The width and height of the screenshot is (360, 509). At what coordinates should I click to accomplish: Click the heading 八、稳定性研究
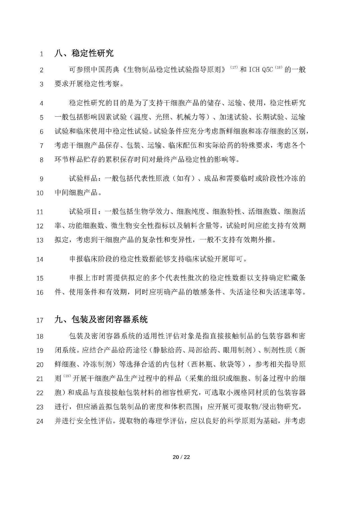click(84, 53)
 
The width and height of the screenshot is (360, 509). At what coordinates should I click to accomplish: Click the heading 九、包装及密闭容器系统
click(101, 319)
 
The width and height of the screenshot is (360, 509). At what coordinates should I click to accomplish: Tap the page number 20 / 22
click(181, 457)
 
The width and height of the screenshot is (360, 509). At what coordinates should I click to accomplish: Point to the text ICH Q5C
click(261, 70)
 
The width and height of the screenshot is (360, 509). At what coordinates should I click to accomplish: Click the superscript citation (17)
click(234, 67)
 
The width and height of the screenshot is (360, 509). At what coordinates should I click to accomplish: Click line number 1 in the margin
click(42, 54)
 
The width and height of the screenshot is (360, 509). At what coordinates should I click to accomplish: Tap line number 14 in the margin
click(40, 259)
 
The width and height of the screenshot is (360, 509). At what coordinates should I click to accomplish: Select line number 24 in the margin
click(40, 421)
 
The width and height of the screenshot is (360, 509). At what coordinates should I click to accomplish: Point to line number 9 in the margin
click(42, 179)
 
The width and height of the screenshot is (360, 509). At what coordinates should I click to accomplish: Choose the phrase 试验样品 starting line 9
click(83, 179)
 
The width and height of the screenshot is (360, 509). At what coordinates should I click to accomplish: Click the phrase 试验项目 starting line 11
click(83, 211)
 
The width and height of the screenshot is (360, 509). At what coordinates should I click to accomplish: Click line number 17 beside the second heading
click(40, 320)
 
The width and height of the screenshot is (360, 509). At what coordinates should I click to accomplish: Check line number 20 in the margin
click(40, 365)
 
